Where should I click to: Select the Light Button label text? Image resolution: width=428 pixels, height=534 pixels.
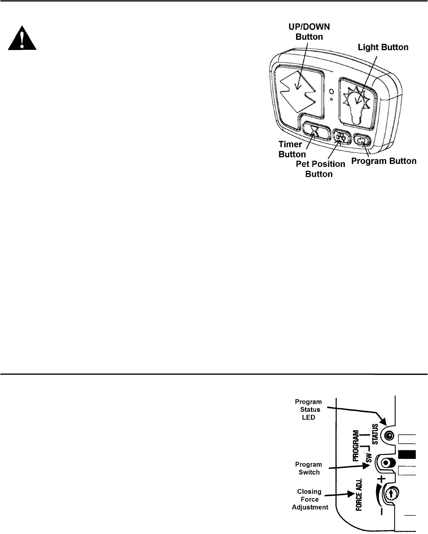(383, 47)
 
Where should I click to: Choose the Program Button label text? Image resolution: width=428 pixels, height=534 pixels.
(384, 161)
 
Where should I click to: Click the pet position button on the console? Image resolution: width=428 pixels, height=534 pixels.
(341, 137)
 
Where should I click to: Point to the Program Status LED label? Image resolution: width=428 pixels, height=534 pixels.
(308, 409)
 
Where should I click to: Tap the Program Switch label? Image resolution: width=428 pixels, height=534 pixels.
(309, 468)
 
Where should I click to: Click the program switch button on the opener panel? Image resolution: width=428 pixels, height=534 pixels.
(387, 463)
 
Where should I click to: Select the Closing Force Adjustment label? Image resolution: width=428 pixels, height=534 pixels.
(309, 499)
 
